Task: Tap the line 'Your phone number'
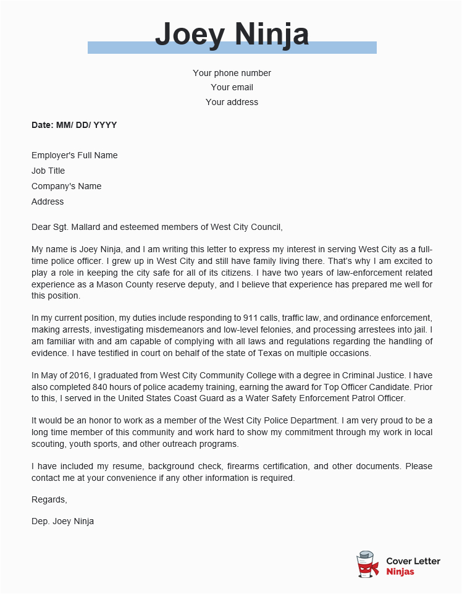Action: tap(232, 73)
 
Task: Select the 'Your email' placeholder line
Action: tap(232, 87)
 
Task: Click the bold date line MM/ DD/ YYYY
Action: tap(74, 125)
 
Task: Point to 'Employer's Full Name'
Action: tap(74, 155)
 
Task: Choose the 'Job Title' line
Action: tap(48, 171)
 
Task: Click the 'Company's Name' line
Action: tap(66, 186)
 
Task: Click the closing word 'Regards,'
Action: tap(49, 499)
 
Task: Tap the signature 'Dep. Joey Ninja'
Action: tap(62, 521)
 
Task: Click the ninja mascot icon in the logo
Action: tap(367, 564)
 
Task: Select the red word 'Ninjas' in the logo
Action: tap(400, 572)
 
